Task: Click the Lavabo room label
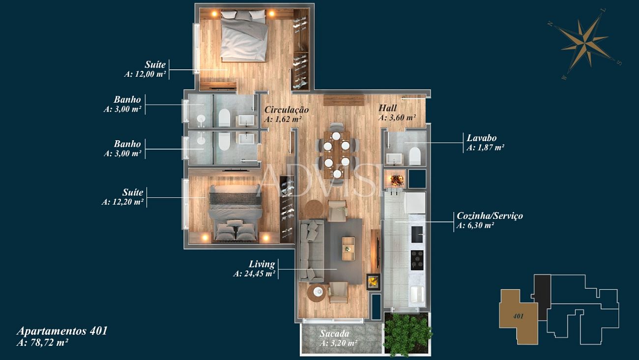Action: coord(482,138)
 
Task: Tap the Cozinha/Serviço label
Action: coord(490,215)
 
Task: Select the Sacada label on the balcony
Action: coord(334,333)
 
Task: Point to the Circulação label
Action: coord(287,110)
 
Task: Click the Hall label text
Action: coord(387,108)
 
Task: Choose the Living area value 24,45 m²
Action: coord(254,273)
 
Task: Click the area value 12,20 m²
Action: coord(123,202)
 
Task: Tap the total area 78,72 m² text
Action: coord(42,342)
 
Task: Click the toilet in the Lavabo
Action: coord(415,156)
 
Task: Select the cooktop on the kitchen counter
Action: coord(417,260)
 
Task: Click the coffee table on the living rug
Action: coord(349,249)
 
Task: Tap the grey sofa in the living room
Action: coord(312,251)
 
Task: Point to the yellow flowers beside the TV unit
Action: coord(374,282)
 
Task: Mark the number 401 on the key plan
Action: coord(518,316)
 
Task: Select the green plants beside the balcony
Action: coord(407,334)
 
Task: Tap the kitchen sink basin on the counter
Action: coord(417,234)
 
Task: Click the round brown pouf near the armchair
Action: coord(313,209)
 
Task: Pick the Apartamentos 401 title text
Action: coord(62,331)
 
